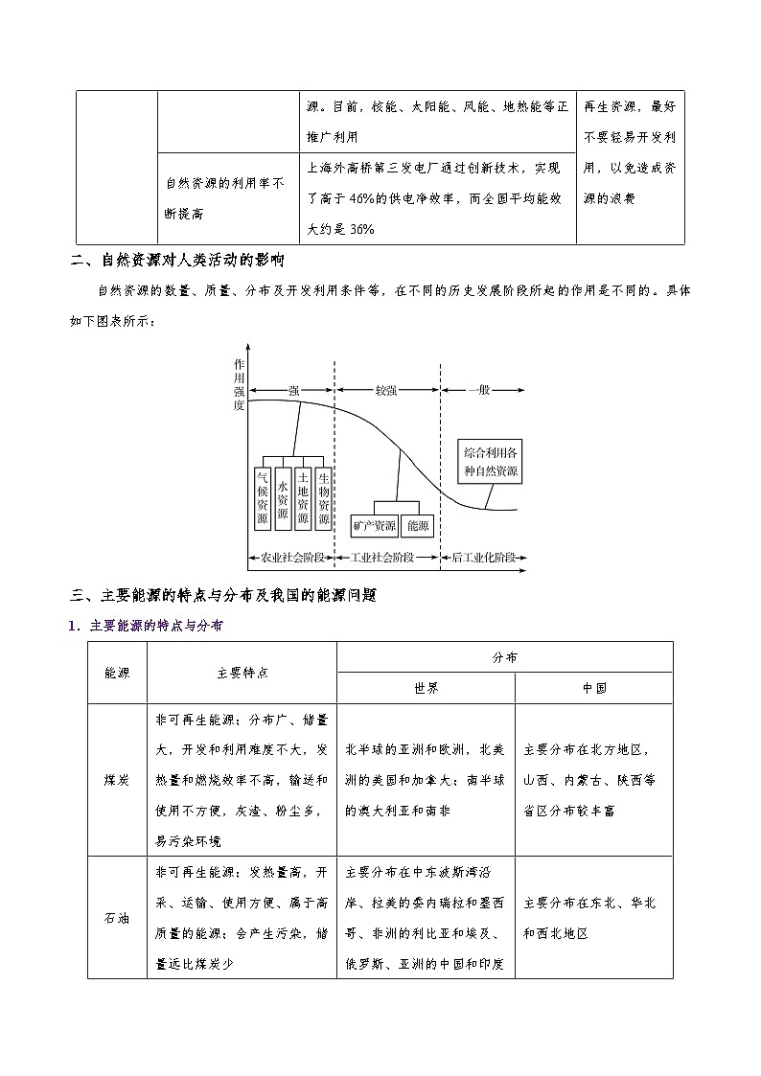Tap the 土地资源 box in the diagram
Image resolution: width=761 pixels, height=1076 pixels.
click(303, 498)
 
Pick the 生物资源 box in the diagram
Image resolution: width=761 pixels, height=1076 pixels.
click(323, 498)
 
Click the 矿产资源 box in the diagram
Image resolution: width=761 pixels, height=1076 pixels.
click(375, 526)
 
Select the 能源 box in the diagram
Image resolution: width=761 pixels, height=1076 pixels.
click(418, 526)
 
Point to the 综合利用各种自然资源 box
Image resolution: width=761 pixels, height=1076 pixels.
click(490, 461)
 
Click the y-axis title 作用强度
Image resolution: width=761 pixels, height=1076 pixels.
click(239, 384)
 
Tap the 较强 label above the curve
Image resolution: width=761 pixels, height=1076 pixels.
click(386, 391)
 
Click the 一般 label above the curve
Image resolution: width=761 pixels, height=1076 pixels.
click(480, 391)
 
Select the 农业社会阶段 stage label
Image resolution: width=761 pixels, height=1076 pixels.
click(291, 558)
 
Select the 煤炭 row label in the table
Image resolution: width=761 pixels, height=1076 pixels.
click(117, 780)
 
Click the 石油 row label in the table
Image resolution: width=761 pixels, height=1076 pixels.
click(117, 917)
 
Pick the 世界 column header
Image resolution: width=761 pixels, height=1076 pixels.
click(426, 688)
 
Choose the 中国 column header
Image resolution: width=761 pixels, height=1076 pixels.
click(593, 688)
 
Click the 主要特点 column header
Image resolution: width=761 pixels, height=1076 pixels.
click(242, 673)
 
